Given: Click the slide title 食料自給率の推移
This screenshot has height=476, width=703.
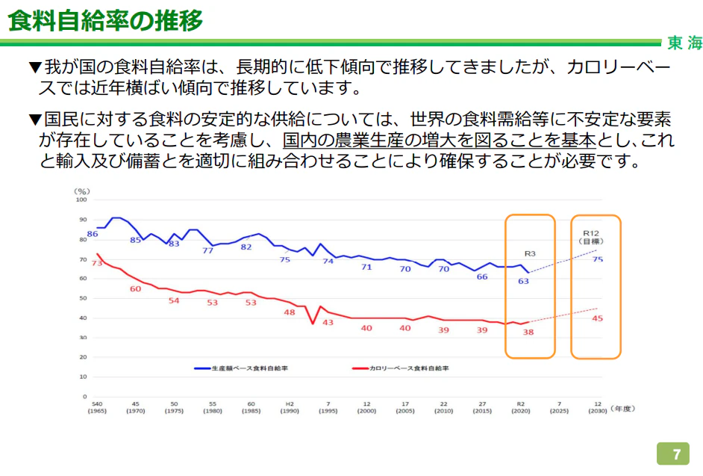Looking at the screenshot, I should (x=105, y=20).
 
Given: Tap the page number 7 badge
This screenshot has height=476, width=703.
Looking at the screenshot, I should (x=676, y=454).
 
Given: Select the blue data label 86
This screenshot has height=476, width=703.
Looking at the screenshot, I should (x=93, y=234).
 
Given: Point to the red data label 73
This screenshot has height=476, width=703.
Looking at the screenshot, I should (x=97, y=262).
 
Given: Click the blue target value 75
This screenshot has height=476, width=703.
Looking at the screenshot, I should (x=597, y=259).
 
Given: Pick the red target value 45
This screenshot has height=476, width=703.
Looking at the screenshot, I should (x=597, y=318).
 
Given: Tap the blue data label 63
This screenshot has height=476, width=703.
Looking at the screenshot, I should (x=523, y=282).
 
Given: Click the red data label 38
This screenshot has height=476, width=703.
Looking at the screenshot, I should (x=528, y=332).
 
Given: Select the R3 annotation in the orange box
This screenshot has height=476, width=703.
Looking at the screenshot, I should (x=531, y=253).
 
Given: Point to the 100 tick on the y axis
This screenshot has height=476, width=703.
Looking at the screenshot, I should (x=81, y=200).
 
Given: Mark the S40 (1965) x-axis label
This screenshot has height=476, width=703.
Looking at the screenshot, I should (x=97, y=407).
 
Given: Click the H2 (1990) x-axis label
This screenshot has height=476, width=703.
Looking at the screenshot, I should (x=290, y=407).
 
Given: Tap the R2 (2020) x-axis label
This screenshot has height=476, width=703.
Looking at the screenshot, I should (x=520, y=407).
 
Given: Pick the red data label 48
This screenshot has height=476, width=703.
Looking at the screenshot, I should (x=290, y=312).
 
